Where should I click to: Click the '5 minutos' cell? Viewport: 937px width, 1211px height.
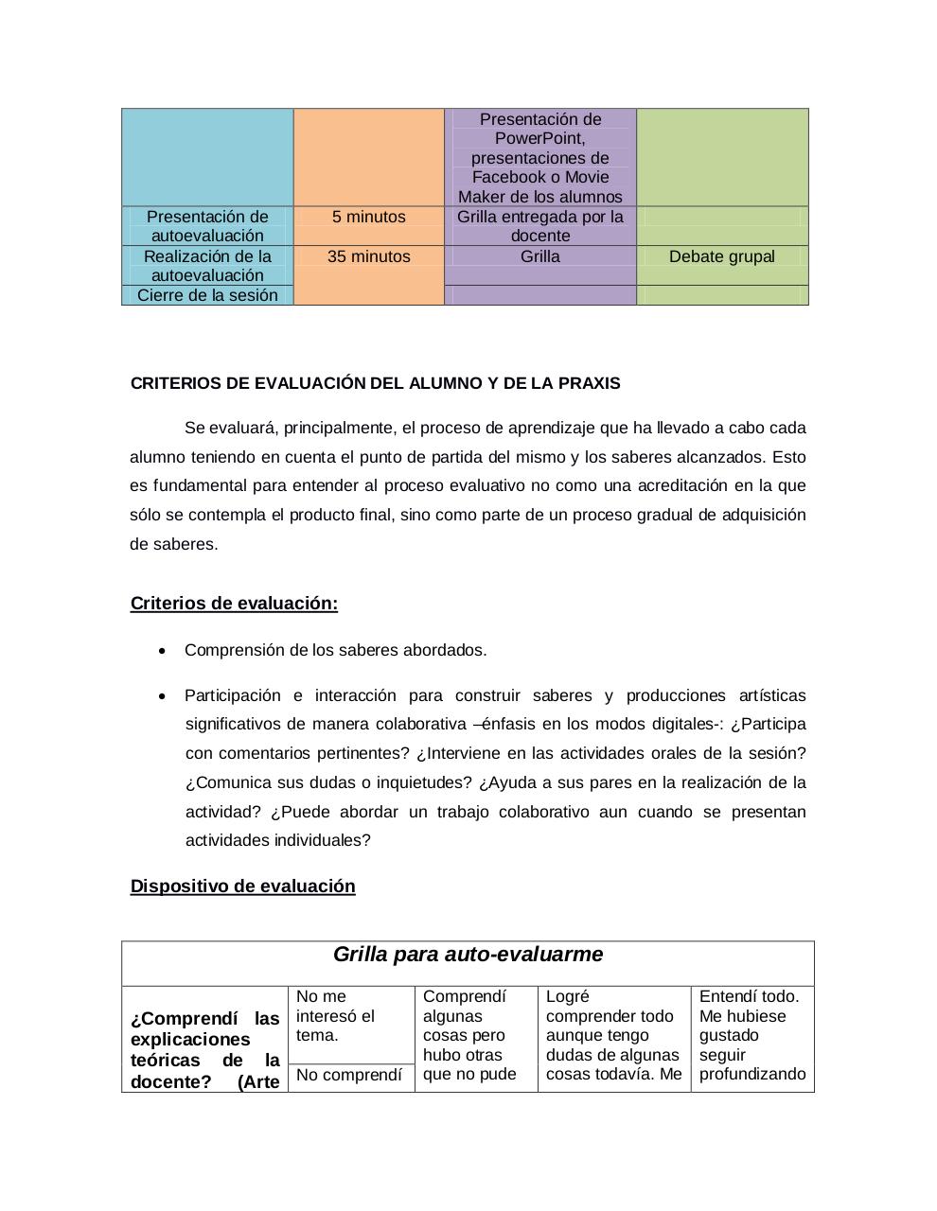coord(368,217)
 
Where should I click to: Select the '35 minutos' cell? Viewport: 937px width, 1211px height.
coord(368,256)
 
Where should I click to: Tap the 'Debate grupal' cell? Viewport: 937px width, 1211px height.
coord(721,256)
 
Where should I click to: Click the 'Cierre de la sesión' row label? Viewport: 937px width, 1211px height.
coord(207,295)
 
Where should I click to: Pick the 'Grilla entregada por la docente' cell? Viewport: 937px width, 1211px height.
coord(539,226)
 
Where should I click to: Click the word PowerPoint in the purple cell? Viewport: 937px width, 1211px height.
coord(539,138)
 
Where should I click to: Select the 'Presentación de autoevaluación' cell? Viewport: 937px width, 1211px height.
coord(207,226)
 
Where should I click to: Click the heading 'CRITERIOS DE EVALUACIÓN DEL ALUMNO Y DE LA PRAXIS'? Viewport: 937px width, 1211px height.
coord(375,383)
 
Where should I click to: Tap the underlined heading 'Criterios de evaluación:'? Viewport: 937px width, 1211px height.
coord(234,604)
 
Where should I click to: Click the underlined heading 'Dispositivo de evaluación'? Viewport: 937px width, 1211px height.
coord(242,886)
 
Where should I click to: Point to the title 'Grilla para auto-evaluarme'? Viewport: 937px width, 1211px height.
coord(468,955)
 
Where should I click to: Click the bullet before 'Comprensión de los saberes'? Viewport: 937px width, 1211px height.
coord(163,651)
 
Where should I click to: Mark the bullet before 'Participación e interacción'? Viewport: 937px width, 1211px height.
coord(163,696)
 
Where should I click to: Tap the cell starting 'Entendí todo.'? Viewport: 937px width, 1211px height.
coord(751,1035)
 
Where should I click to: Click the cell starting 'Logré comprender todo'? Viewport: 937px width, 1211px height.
coord(613,1035)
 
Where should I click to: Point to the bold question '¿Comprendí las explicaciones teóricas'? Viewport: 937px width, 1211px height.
coord(204,1039)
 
